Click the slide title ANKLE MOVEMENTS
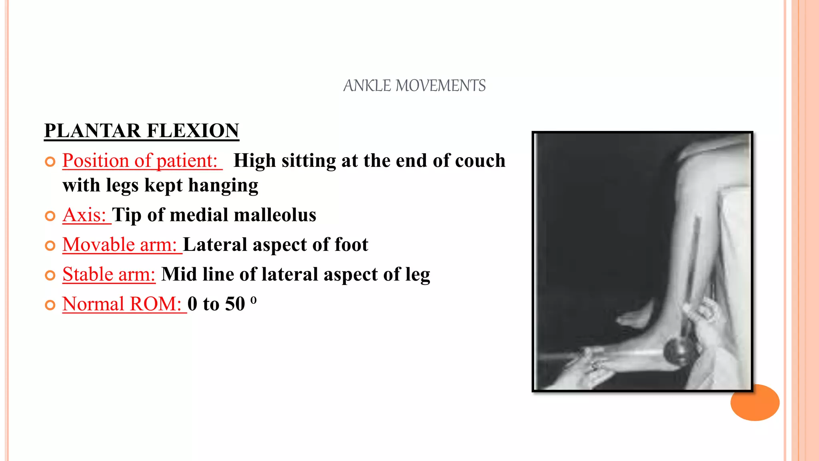pos(414,86)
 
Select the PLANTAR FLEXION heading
pos(142,131)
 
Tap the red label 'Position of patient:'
pos(140,160)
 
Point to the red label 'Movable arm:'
pos(120,245)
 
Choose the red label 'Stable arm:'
pos(109,275)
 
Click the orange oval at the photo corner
pos(755,403)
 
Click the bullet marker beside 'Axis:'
pos(50,216)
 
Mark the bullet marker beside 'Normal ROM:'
pos(50,305)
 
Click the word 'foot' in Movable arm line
pos(351,245)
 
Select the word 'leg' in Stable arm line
pos(417,275)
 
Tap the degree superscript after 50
pos(253,300)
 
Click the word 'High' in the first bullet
pos(254,160)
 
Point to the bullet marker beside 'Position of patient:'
pos(50,162)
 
